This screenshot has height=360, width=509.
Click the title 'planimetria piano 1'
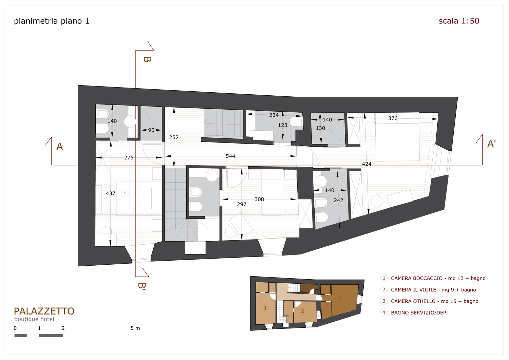(x=52, y=21)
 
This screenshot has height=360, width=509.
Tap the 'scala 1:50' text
(x=459, y=21)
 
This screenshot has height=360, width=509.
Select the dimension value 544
(x=230, y=156)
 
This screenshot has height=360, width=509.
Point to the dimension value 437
(x=111, y=193)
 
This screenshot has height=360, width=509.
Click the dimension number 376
(x=393, y=118)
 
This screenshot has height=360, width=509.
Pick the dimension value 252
(x=174, y=137)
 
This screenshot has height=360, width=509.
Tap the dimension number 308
(x=259, y=199)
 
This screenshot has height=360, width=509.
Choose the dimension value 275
(x=129, y=157)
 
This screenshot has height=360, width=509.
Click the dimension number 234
(x=274, y=115)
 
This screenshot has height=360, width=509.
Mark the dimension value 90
(x=151, y=130)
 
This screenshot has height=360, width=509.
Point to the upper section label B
(x=147, y=59)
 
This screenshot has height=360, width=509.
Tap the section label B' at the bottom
(x=142, y=286)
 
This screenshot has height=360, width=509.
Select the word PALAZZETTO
(x=44, y=311)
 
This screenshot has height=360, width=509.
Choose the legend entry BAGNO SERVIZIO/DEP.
(x=419, y=312)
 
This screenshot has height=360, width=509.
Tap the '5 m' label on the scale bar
(x=135, y=328)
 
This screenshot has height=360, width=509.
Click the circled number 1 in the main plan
(x=125, y=194)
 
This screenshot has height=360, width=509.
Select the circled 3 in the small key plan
(x=339, y=298)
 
